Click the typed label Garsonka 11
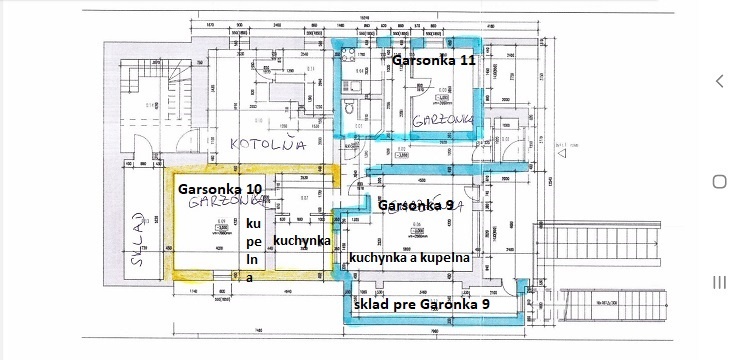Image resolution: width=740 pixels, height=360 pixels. [x=434, y=60]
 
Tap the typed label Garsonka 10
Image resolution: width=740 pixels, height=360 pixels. [x=219, y=188]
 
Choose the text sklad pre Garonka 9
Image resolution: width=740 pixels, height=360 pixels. [x=421, y=302]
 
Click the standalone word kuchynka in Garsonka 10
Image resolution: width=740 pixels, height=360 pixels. [x=301, y=240]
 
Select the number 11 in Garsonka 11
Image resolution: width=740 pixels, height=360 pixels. [x=466, y=60]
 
